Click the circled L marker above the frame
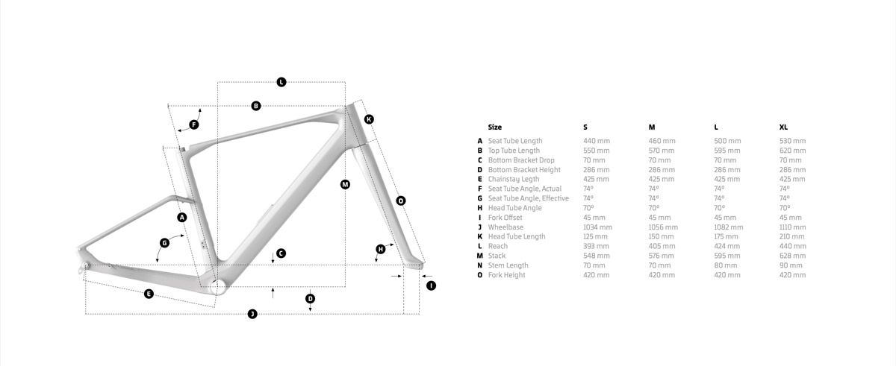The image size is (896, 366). pyautogui.click(x=281, y=82)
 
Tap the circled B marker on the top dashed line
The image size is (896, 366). pyautogui.click(x=256, y=106)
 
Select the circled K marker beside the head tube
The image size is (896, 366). pyautogui.click(x=369, y=119)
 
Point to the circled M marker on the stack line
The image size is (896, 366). pyautogui.click(x=345, y=184)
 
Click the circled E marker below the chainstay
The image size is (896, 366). pyautogui.click(x=149, y=294)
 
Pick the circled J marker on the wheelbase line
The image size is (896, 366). pyautogui.click(x=252, y=314)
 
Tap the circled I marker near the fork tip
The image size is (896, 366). pyautogui.click(x=431, y=285)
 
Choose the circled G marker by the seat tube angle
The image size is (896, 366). pyautogui.click(x=164, y=243)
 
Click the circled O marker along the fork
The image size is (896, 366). pyautogui.click(x=401, y=201)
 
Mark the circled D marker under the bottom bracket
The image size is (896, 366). pyautogui.click(x=310, y=299)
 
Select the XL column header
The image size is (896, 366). pyautogui.click(x=783, y=127)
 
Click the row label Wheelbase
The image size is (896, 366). pyautogui.click(x=505, y=227)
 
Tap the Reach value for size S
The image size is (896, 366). pyautogui.click(x=596, y=246)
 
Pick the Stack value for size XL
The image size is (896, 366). pyautogui.click(x=792, y=256)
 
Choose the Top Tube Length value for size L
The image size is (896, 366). pyautogui.click(x=727, y=151)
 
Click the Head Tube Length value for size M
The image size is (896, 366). pyautogui.click(x=662, y=237)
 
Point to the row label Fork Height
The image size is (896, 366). pyautogui.click(x=506, y=275)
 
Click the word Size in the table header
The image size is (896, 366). pyautogui.click(x=495, y=127)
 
